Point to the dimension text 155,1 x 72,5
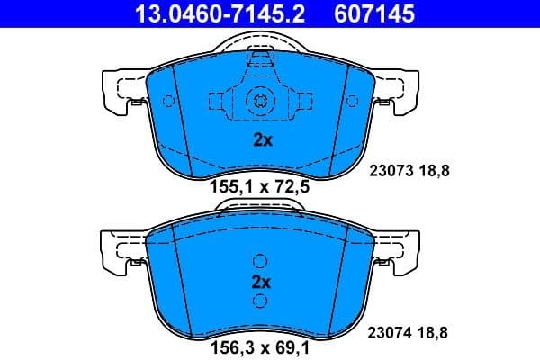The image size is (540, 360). coord(259,188)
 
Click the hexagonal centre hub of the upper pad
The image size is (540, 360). coord(260,101)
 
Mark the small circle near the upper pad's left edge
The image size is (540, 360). coord(168,100)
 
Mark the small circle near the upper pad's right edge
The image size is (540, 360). coord(352,100)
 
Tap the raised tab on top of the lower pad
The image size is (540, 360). coord(260,208)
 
